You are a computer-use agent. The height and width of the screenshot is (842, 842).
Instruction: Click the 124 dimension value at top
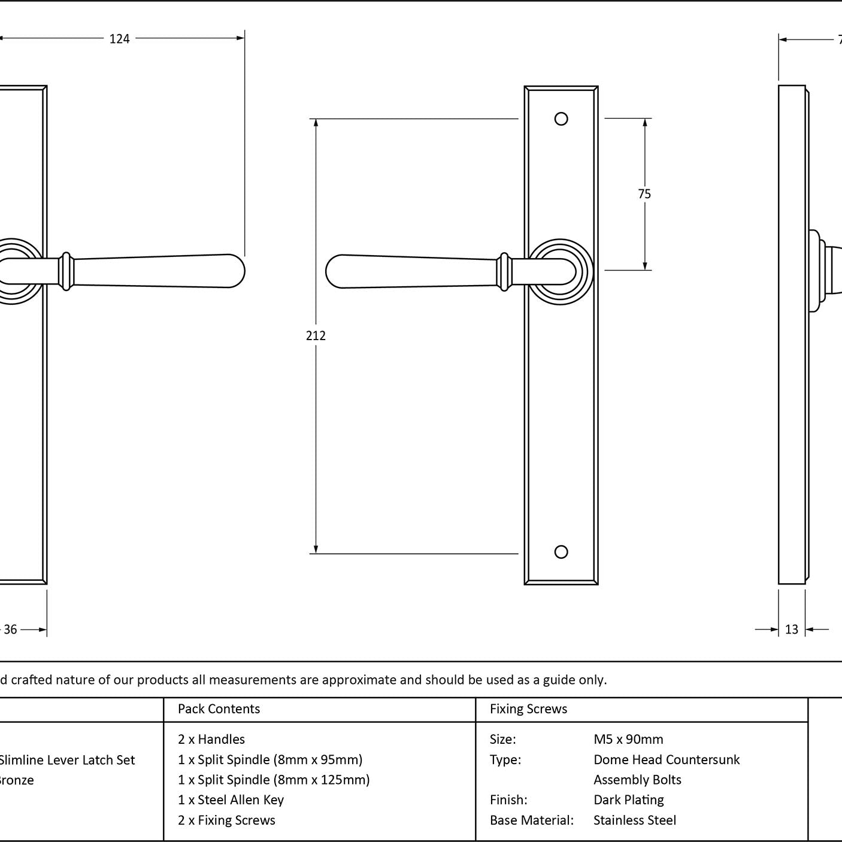[x=119, y=39]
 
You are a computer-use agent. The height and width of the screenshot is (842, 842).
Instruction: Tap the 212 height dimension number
[x=316, y=336]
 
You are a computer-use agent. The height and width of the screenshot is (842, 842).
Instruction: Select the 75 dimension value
[x=644, y=194]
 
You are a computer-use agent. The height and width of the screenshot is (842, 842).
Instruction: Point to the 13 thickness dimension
[x=792, y=629]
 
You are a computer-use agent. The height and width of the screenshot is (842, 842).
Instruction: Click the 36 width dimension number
[x=11, y=629]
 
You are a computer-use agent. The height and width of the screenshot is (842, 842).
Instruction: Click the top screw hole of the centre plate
[x=561, y=119]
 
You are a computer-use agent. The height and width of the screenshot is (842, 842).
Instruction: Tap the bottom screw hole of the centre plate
[x=561, y=552]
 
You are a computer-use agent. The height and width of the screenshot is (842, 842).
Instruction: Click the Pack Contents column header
[x=219, y=709]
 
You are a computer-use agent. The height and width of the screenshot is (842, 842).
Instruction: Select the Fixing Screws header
[x=528, y=709]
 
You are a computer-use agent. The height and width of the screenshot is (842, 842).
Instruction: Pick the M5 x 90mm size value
[x=628, y=740]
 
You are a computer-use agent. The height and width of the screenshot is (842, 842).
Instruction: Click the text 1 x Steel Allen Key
[x=231, y=800]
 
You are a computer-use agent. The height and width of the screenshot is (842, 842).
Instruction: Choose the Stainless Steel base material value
[x=635, y=820]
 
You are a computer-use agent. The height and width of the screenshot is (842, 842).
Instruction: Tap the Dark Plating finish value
[x=629, y=800]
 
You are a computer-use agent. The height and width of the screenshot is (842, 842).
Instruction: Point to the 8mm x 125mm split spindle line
[x=274, y=780]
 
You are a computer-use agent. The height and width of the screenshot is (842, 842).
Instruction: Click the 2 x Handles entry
[x=211, y=740]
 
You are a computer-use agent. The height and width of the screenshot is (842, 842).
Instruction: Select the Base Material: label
[x=532, y=820]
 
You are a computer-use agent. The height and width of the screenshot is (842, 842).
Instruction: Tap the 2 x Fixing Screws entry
[x=226, y=820]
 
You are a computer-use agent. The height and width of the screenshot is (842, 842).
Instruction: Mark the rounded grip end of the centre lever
[x=339, y=271]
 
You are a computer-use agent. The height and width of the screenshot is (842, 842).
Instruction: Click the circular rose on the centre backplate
[x=561, y=271]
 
